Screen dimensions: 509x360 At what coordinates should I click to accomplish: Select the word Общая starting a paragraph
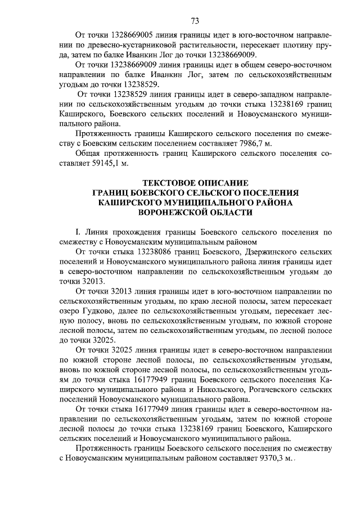89,154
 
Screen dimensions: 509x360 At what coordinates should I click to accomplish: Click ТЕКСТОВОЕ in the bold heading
169,183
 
